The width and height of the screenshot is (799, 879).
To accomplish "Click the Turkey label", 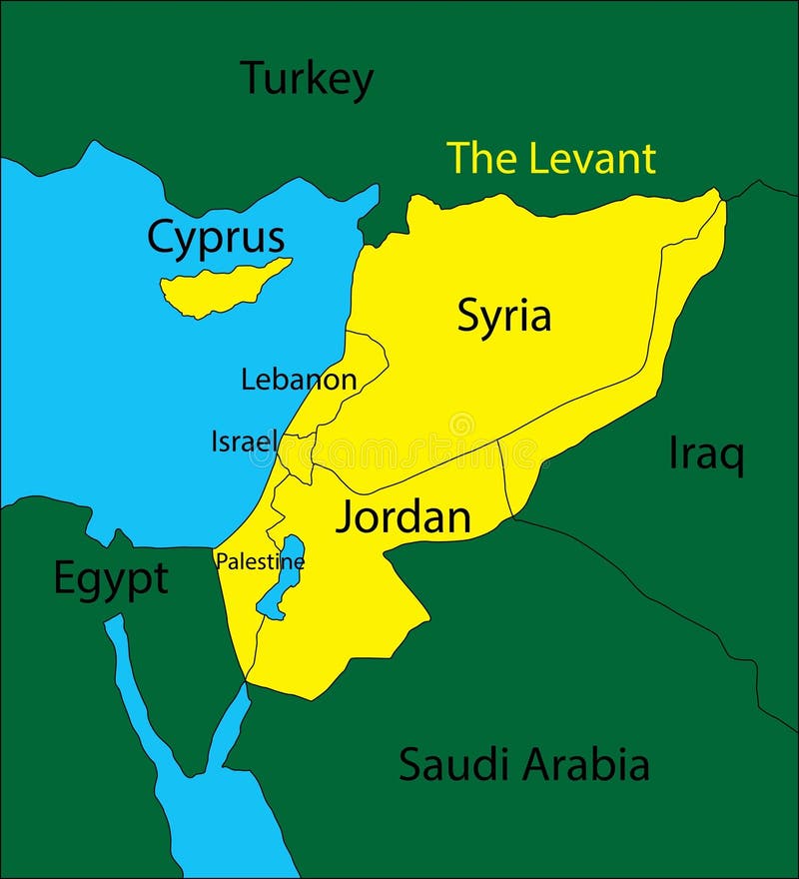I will point(308,79).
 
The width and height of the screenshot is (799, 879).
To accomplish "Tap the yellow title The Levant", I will point(550,159).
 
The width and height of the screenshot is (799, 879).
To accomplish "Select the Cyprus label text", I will point(216,239).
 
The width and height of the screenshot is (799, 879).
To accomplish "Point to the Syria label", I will point(504,316).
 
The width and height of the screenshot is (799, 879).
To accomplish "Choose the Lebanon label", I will point(299,380).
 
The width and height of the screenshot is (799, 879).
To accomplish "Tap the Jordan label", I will point(402,517).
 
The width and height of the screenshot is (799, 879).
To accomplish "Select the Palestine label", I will point(260,562).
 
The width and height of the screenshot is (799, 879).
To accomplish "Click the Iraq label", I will point(706,455).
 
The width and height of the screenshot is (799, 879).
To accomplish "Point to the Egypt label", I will point(110,579).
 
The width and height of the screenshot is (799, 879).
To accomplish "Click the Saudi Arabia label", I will point(524,765).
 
